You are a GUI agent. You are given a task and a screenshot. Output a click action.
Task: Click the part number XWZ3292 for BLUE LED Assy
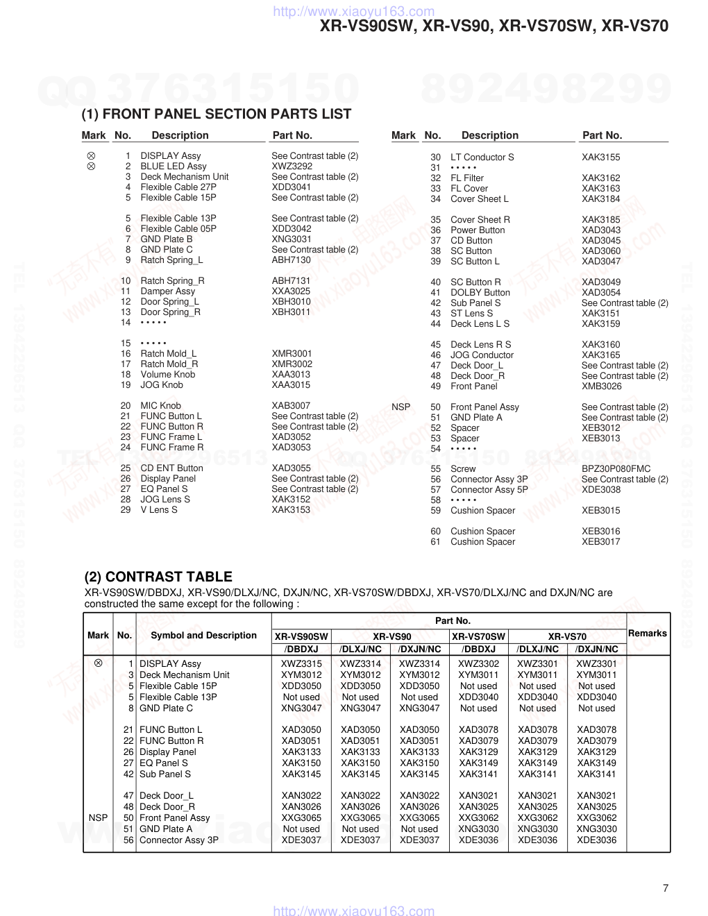[292, 167]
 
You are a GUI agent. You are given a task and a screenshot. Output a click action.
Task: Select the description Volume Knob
[167, 375]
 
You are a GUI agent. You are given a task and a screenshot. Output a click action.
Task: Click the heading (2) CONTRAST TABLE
[158, 577]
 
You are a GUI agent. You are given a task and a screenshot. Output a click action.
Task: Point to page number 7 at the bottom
[666, 888]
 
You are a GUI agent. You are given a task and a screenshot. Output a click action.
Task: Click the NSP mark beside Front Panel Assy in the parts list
[401, 407]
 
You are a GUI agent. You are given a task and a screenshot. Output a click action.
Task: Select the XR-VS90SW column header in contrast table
[301, 636]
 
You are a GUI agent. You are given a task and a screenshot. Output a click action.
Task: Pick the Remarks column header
[648, 634]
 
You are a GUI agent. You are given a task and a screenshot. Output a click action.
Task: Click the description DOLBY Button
[480, 293]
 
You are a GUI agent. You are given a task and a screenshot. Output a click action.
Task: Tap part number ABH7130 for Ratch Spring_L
[291, 260]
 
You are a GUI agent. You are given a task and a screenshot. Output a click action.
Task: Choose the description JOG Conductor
[482, 355]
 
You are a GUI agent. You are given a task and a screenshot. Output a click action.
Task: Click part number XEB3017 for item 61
[600, 542]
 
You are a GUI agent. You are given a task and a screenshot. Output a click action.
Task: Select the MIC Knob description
[160, 406]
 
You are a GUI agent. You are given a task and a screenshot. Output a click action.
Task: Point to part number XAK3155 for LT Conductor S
[600, 158]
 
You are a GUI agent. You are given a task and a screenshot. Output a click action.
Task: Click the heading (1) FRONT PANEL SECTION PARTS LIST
[217, 114]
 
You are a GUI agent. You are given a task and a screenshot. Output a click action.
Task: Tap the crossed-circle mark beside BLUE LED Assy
[91, 167]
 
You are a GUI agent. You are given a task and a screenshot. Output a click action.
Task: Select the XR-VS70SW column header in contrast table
[478, 636]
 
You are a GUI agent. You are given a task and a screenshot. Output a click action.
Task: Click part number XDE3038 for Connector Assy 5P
[600, 490]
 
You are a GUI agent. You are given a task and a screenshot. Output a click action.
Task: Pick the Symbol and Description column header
[203, 635]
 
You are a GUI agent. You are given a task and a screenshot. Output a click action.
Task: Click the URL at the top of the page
[354, 11]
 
